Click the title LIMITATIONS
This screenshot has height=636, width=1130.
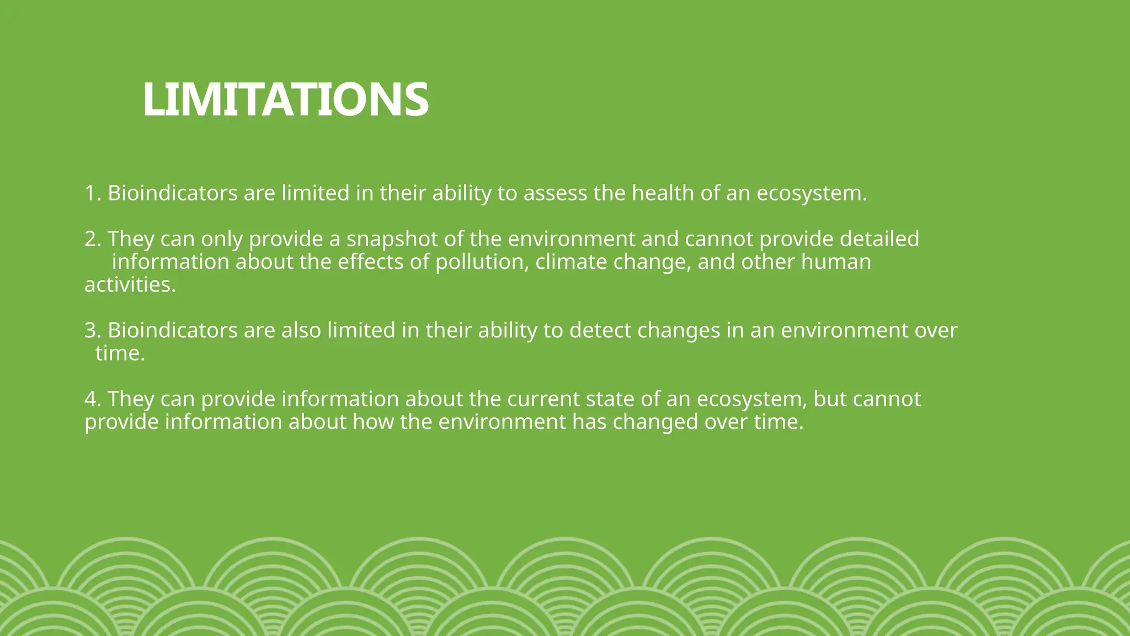click(285, 99)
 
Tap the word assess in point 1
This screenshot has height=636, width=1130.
click(555, 193)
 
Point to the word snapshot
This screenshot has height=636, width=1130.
click(392, 239)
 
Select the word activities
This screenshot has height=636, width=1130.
click(130, 285)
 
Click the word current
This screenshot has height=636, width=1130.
click(543, 399)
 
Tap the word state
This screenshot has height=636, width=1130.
click(610, 399)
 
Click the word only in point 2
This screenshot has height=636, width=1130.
click(221, 239)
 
